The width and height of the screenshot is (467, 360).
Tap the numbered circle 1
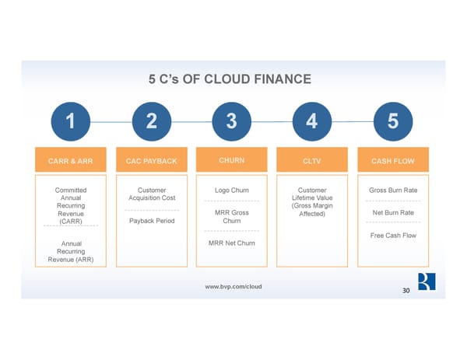coord(70,121)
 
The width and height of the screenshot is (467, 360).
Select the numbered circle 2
coord(151,121)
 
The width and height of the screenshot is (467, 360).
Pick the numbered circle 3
coord(232,121)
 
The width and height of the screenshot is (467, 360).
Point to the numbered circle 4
coord(312,121)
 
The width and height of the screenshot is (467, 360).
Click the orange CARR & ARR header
coord(70,162)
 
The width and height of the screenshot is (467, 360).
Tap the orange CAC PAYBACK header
coord(151,162)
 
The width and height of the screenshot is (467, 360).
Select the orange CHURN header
coord(232,161)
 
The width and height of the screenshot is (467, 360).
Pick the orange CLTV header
coord(312,162)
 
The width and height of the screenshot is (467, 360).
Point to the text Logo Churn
coord(232,190)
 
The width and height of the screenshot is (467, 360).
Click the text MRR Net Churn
coord(232,243)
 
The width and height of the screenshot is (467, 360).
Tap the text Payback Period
coord(151,221)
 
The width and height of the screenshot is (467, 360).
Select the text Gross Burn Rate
coord(393,190)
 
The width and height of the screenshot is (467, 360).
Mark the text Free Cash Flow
coord(393,236)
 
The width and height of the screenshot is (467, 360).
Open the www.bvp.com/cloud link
coord(233,286)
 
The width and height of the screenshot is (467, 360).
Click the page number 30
coord(406,291)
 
